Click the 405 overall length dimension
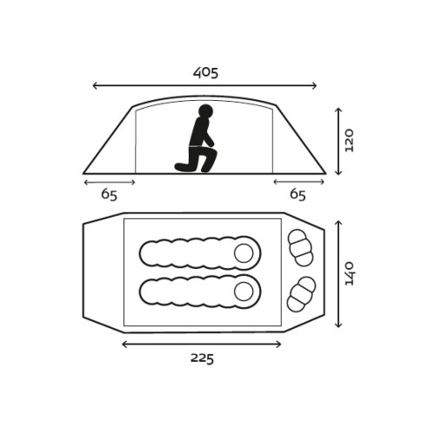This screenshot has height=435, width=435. coord(205,73)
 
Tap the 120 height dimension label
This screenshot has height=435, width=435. coord(349,141)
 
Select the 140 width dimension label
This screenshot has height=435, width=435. coord(349,273)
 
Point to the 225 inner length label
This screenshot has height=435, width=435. coord(202,358)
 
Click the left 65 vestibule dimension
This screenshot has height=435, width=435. coord(109,195)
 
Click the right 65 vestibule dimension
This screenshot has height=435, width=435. coord(298,195)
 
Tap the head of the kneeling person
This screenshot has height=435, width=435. coord(205,111)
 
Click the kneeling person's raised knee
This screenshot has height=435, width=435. coord(214,154)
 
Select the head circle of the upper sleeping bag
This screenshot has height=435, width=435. coord(244,253)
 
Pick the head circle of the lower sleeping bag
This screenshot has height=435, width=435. coord(244,291)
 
